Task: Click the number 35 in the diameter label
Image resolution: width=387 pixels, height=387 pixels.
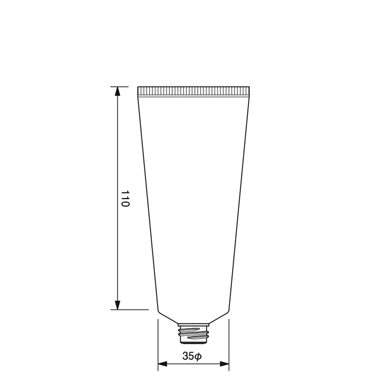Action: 188,356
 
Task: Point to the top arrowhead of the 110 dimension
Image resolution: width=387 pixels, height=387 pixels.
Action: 118,91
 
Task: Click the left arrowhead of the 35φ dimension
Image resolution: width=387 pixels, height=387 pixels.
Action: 163,364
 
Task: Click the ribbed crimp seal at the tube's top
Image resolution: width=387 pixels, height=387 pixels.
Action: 193,92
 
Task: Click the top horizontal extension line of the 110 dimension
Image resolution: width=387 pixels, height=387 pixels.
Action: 120,87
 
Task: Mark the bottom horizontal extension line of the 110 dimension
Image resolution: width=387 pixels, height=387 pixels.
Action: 129,310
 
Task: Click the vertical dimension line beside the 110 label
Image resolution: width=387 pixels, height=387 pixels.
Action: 118,155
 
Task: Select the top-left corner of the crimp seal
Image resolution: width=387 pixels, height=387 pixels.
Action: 138,87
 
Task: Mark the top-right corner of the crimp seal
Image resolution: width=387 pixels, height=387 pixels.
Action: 249,87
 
